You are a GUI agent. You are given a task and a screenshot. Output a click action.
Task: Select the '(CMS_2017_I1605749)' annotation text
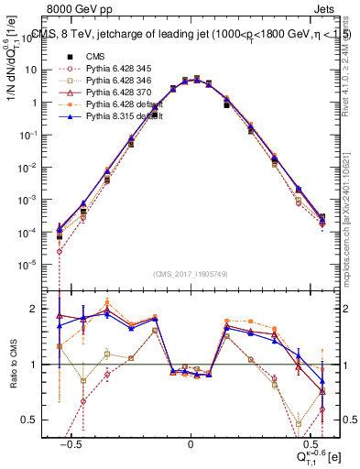tap(191, 274)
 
